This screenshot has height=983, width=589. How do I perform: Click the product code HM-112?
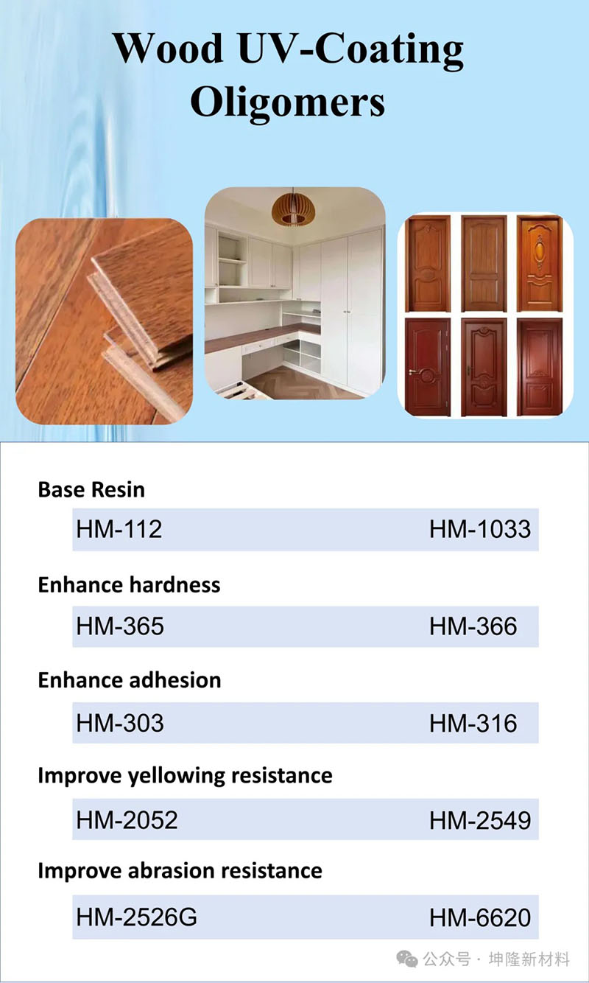coord(119,529)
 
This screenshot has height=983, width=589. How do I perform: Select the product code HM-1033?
coord(480,529)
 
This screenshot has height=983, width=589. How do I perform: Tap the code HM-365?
coord(120,626)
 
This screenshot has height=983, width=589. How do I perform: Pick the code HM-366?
coord(473,626)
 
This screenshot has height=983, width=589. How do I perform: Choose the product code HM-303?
coord(120,723)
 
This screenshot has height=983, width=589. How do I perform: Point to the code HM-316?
coord(473,723)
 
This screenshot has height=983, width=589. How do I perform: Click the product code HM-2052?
coord(127,819)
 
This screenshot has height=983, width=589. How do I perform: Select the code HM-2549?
coord(480,819)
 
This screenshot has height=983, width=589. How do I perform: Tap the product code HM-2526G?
coord(136,917)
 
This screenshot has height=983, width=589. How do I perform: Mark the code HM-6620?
coord(480,917)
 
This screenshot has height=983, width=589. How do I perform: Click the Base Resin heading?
coord(91,489)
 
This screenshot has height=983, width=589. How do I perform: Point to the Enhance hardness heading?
coord(129,584)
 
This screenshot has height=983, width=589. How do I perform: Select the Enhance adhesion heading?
coord(130,680)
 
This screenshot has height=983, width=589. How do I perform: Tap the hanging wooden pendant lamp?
coord(294,208)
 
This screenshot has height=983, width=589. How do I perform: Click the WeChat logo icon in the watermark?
coord(406,959)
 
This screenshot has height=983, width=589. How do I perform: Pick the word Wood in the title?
coord(169,49)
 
